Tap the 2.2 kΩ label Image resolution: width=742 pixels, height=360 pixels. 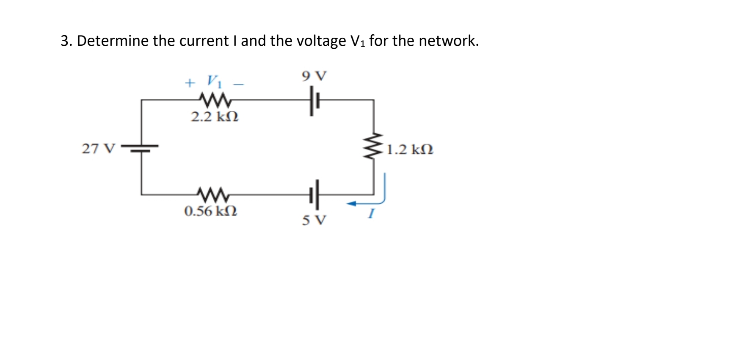pos(215,116)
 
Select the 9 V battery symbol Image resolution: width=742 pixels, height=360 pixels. pos(314,101)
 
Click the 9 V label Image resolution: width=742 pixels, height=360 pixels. pos(314,76)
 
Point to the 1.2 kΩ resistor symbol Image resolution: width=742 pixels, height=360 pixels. pos(373,146)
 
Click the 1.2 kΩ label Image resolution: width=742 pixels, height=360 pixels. pos(410,150)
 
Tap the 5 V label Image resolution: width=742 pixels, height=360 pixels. pos(314,220)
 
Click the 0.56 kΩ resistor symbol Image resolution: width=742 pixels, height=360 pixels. pos(213,194)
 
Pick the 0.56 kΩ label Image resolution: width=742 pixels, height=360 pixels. pos(211,211)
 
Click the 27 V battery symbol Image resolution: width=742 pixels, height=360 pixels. pos(141,147)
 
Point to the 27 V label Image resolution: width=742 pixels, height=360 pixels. pos(98,149)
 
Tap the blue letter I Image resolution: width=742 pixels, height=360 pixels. pos(371,214)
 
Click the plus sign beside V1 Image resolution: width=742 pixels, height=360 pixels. pos(190,83)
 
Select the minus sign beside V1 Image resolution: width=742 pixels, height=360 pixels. pos(239,84)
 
